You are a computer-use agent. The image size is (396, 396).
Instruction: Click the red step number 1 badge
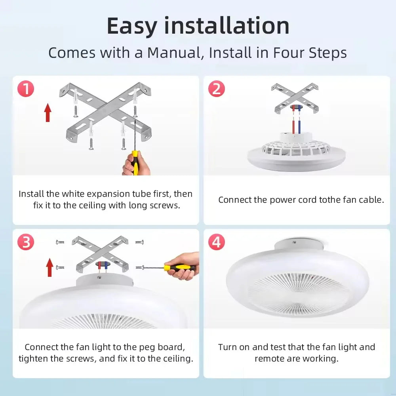(26, 89)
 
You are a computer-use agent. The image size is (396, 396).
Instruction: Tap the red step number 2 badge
(217, 89)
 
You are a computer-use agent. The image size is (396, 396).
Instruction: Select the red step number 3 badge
(26, 242)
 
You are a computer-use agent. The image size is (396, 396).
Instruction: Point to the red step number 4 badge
(217, 242)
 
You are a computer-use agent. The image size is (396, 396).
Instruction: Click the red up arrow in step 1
(48, 112)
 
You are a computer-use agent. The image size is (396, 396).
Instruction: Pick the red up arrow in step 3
(50, 267)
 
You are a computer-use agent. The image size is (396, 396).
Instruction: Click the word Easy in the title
(132, 26)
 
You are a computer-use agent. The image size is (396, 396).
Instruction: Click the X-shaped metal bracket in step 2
(295, 99)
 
